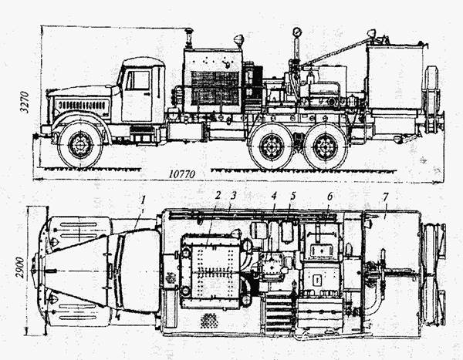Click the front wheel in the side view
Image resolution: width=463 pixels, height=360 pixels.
(79, 144)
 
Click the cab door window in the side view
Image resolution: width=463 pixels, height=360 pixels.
(139, 79)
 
